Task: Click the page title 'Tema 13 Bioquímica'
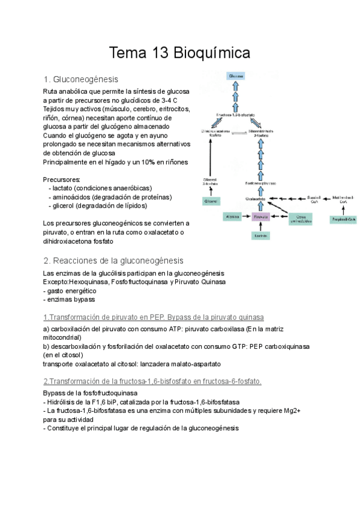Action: tap(179, 53)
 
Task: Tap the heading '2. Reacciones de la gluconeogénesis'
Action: tap(113, 261)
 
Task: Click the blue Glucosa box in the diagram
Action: tap(236, 76)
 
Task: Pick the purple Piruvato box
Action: tap(260, 216)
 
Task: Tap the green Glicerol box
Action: tap(211, 202)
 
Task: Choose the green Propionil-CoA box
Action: tap(344, 220)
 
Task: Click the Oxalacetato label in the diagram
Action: tap(256, 198)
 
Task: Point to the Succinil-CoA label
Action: tap(315, 199)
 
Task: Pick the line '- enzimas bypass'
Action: tap(69, 299)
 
